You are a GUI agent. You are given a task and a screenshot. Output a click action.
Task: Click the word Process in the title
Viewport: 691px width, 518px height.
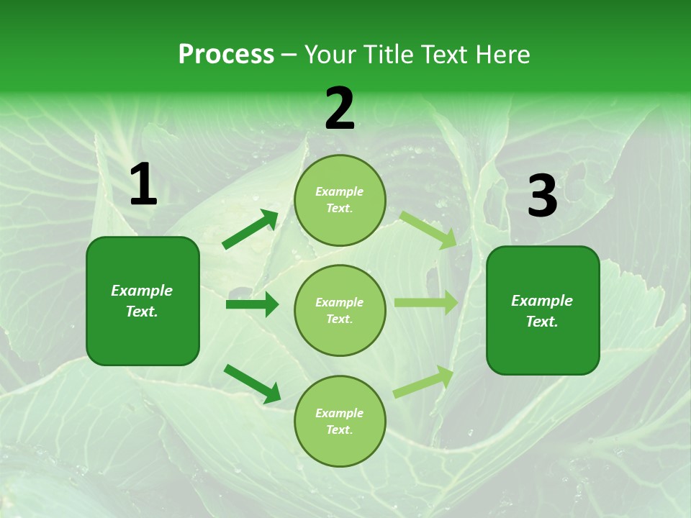pos(226,55)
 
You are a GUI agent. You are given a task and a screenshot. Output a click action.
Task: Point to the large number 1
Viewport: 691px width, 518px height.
pos(143,185)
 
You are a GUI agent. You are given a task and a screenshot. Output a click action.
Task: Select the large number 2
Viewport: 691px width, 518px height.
pos(340,109)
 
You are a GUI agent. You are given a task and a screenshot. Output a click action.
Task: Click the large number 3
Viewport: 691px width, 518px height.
pos(542,196)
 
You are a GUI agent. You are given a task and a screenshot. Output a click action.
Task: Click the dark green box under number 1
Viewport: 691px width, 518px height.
pos(143,301)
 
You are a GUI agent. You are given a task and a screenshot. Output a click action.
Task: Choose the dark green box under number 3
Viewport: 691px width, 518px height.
pos(543,310)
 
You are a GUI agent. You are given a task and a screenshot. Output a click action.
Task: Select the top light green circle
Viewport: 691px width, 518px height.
pos(340,200)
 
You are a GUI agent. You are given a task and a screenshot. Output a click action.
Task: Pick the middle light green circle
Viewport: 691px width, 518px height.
pos(340,310)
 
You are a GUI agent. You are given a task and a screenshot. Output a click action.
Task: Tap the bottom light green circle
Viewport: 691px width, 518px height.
pos(340,421)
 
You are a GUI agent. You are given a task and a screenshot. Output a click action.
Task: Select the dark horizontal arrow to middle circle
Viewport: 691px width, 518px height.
pos(252,304)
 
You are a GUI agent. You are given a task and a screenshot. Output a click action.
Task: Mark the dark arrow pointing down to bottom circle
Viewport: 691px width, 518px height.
pos(252,383)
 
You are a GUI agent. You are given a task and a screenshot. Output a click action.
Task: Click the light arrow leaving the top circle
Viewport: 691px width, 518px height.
pos(428,230)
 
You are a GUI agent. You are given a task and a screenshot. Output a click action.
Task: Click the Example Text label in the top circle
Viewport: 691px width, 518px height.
pos(340,200)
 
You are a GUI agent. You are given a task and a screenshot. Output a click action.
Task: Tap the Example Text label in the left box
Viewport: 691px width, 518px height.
pos(143,301)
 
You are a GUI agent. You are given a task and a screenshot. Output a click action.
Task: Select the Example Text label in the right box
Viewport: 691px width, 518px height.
pos(543,311)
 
